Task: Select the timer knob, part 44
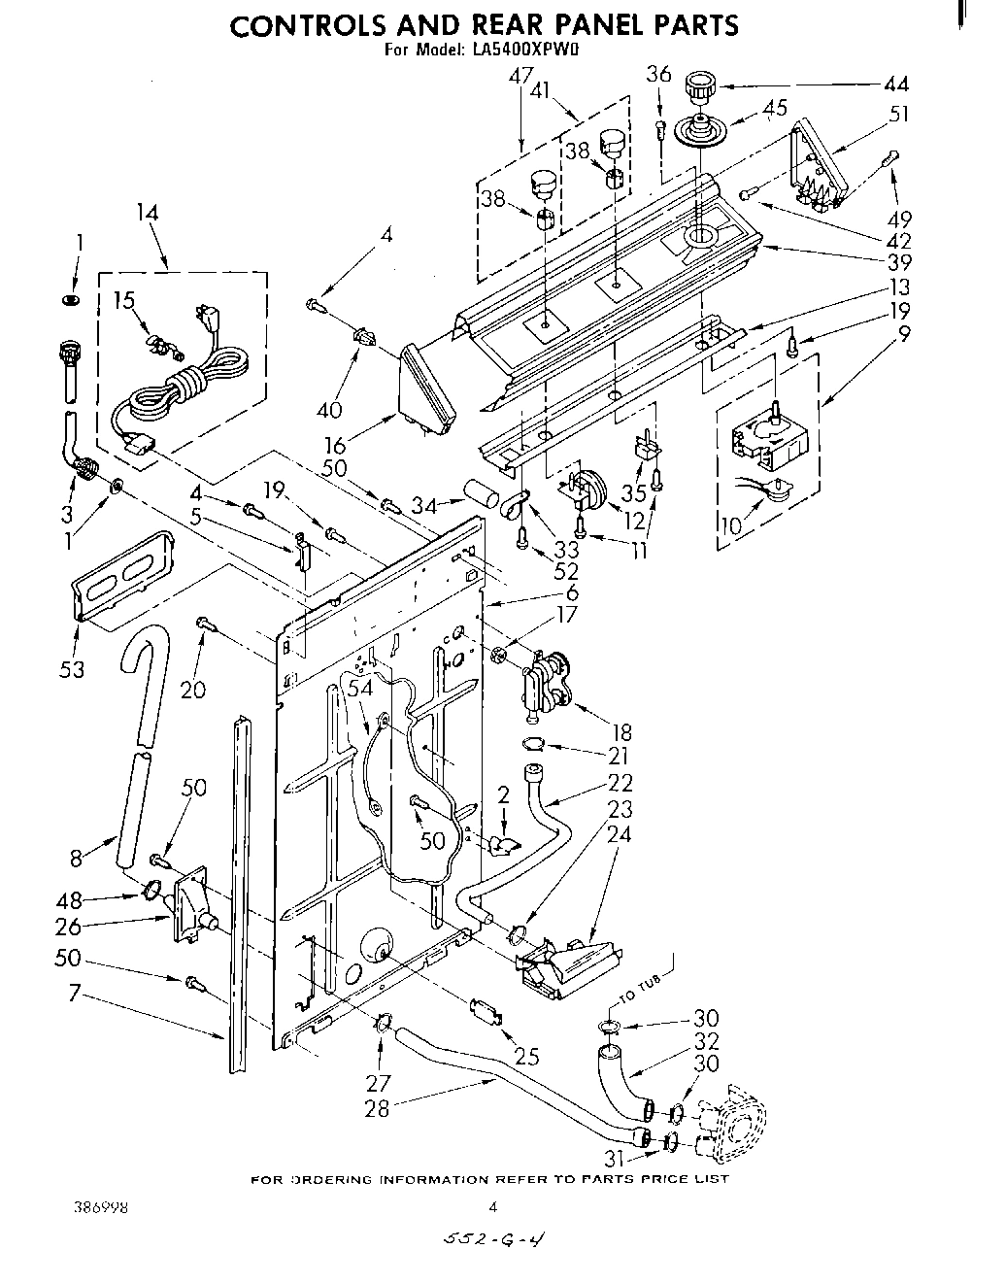(x=697, y=87)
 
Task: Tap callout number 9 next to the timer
(x=904, y=335)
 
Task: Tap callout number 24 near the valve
(x=620, y=833)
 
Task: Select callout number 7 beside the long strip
(x=71, y=994)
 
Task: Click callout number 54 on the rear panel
(x=360, y=688)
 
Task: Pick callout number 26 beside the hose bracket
(x=68, y=927)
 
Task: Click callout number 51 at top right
(x=900, y=114)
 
